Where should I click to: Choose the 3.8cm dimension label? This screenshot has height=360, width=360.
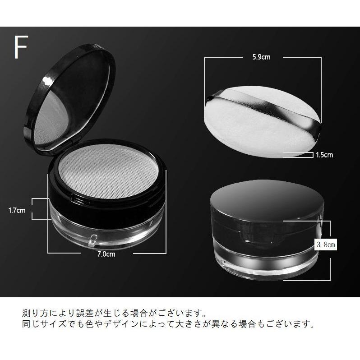[x=325, y=245]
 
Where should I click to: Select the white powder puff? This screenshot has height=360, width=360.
[x=253, y=131]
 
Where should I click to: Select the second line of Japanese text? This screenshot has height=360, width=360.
[x=167, y=324]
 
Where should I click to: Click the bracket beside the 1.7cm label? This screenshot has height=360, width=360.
[x=40, y=209]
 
